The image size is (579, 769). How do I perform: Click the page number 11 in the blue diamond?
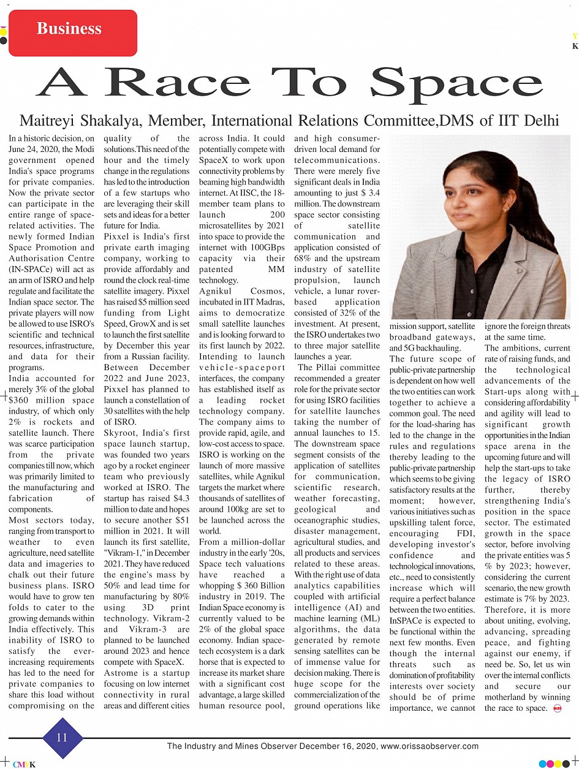(62, 737)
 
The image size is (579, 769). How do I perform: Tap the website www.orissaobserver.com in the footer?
(430, 746)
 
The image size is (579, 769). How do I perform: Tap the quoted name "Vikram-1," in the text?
(126, 553)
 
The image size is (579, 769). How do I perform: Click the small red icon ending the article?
(558, 709)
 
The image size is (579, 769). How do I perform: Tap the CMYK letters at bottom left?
(25, 764)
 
